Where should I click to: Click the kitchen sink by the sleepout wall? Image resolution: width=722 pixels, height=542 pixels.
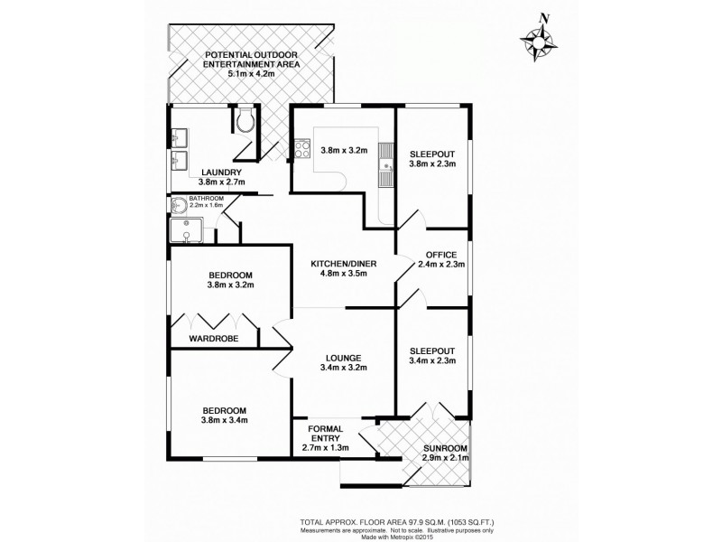click(x=385, y=161)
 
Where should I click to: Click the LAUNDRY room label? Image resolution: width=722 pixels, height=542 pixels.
click(x=221, y=172)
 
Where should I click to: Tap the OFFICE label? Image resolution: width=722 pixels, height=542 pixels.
click(x=441, y=255)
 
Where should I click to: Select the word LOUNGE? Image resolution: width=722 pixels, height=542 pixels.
click(x=343, y=356)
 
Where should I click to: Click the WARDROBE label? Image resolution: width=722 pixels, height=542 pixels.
click(x=212, y=339)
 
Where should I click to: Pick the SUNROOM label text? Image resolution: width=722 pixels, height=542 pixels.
click(x=445, y=448)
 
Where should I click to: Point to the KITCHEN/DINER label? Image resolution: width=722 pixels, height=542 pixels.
click(x=343, y=264)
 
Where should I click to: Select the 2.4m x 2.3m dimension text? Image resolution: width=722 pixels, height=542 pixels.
click(x=441, y=266)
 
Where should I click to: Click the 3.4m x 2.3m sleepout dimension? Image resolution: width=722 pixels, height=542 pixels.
click(x=432, y=360)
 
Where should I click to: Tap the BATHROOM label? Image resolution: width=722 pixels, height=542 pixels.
click(x=205, y=198)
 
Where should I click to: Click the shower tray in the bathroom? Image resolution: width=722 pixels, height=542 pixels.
click(x=188, y=229)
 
